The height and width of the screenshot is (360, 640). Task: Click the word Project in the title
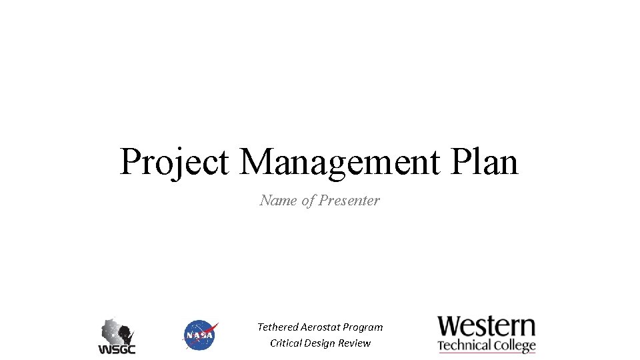(x=175, y=163)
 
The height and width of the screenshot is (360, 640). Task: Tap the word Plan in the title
(x=485, y=161)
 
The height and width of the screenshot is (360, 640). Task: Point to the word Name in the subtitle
(x=279, y=201)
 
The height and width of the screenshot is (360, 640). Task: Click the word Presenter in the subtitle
(x=349, y=201)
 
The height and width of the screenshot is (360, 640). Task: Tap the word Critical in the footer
(x=285, y=343)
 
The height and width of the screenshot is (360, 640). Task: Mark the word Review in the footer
(x=354, y=343)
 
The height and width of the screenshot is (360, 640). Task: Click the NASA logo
(x=201, y=335)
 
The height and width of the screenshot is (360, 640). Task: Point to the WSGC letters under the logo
(x=117, y=349)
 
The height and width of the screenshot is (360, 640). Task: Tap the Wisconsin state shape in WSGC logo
(x=117, y=331)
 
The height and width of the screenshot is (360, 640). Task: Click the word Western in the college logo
(x=487, y=327)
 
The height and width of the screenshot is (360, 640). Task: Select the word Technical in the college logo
(x=465, y=345)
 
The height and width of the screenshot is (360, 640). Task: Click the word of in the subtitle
(x=309, y=201)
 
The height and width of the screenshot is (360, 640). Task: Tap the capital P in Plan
(x=461, y=161)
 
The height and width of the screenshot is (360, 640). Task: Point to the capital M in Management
(x=257, y=161)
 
